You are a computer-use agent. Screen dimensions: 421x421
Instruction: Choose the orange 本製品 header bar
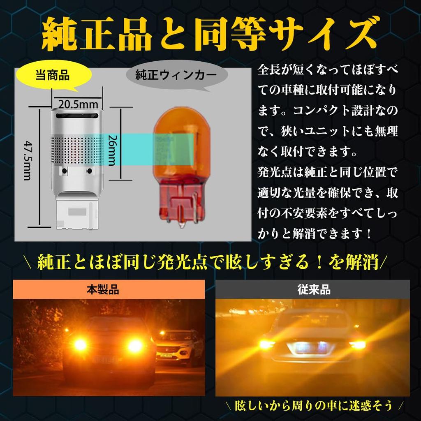[109, 289]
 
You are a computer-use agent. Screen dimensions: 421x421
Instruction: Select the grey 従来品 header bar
[312, 289]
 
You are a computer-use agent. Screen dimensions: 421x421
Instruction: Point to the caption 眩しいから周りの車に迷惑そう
[314, 406]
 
